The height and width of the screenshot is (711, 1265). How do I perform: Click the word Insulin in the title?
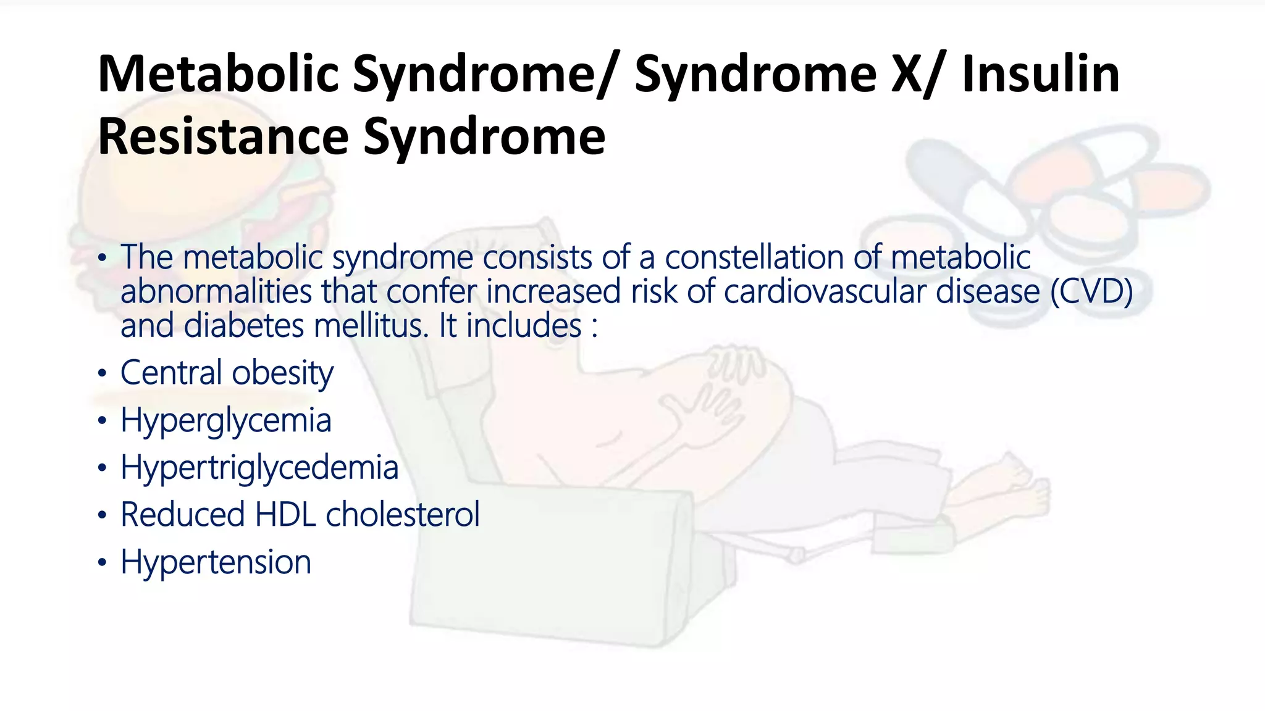pos(1040,74)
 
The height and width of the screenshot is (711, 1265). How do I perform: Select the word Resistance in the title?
pos(223,136)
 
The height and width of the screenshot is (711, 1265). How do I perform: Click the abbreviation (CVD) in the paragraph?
pos(1091,291)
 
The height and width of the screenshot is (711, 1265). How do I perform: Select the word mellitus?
pos(371,326)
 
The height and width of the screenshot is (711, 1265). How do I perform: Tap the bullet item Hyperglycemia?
pos(226,421)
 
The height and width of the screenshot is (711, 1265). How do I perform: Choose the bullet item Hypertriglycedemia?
pos(259,468)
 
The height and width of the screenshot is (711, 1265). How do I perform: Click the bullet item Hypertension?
pos(216,562)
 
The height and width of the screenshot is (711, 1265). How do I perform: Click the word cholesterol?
pos(403,515)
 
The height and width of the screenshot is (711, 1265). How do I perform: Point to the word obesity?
pos(283,374)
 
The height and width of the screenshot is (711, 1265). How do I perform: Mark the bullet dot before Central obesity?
pos(103,374)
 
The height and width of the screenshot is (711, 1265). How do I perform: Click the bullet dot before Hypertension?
pos(103,563)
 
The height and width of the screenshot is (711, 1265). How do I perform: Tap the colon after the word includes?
pos(594,327)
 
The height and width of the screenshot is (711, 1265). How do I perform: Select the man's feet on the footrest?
pos(1013,488)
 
